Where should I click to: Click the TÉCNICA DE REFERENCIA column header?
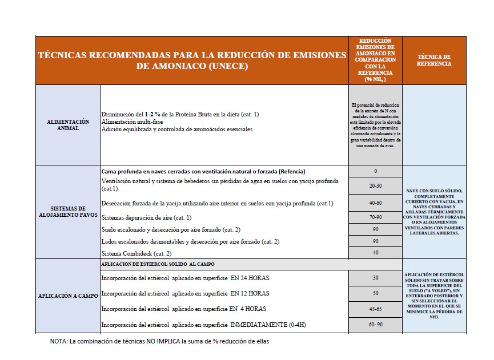(434, 60)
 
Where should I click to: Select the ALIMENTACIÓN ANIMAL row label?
(68, 125)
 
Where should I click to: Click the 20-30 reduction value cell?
(375, 186)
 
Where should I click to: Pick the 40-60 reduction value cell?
(375, 203)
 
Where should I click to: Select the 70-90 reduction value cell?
(375, 217)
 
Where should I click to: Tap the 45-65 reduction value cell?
(375, 309)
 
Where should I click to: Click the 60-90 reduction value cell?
(375, 324)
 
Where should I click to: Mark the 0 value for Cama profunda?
(375, 171)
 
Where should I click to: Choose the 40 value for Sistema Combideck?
(375, 252)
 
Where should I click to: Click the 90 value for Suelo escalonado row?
(375, 229)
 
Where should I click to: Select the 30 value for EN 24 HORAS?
(375, 278)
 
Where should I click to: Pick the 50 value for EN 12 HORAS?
(375, 293)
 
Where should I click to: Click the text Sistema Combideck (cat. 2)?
(136, 253)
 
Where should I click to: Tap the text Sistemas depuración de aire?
(146, 218)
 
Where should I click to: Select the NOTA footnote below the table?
(159, 342)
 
